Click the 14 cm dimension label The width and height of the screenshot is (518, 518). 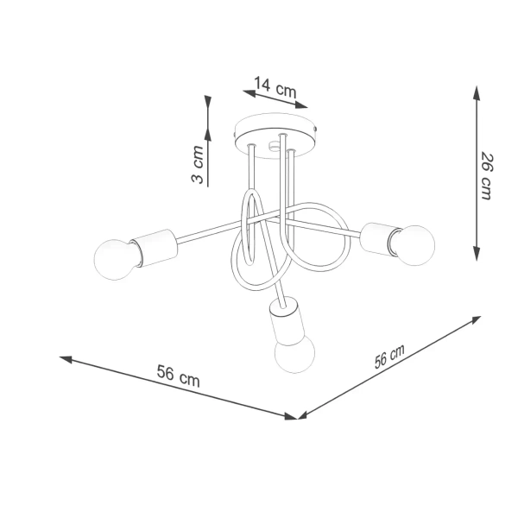coord(275,85)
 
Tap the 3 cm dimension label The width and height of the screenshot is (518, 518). coord(198,165)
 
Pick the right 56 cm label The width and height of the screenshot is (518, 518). coord(390,357)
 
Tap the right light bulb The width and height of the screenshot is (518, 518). coord(415,243)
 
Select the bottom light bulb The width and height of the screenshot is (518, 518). coord(294,353)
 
